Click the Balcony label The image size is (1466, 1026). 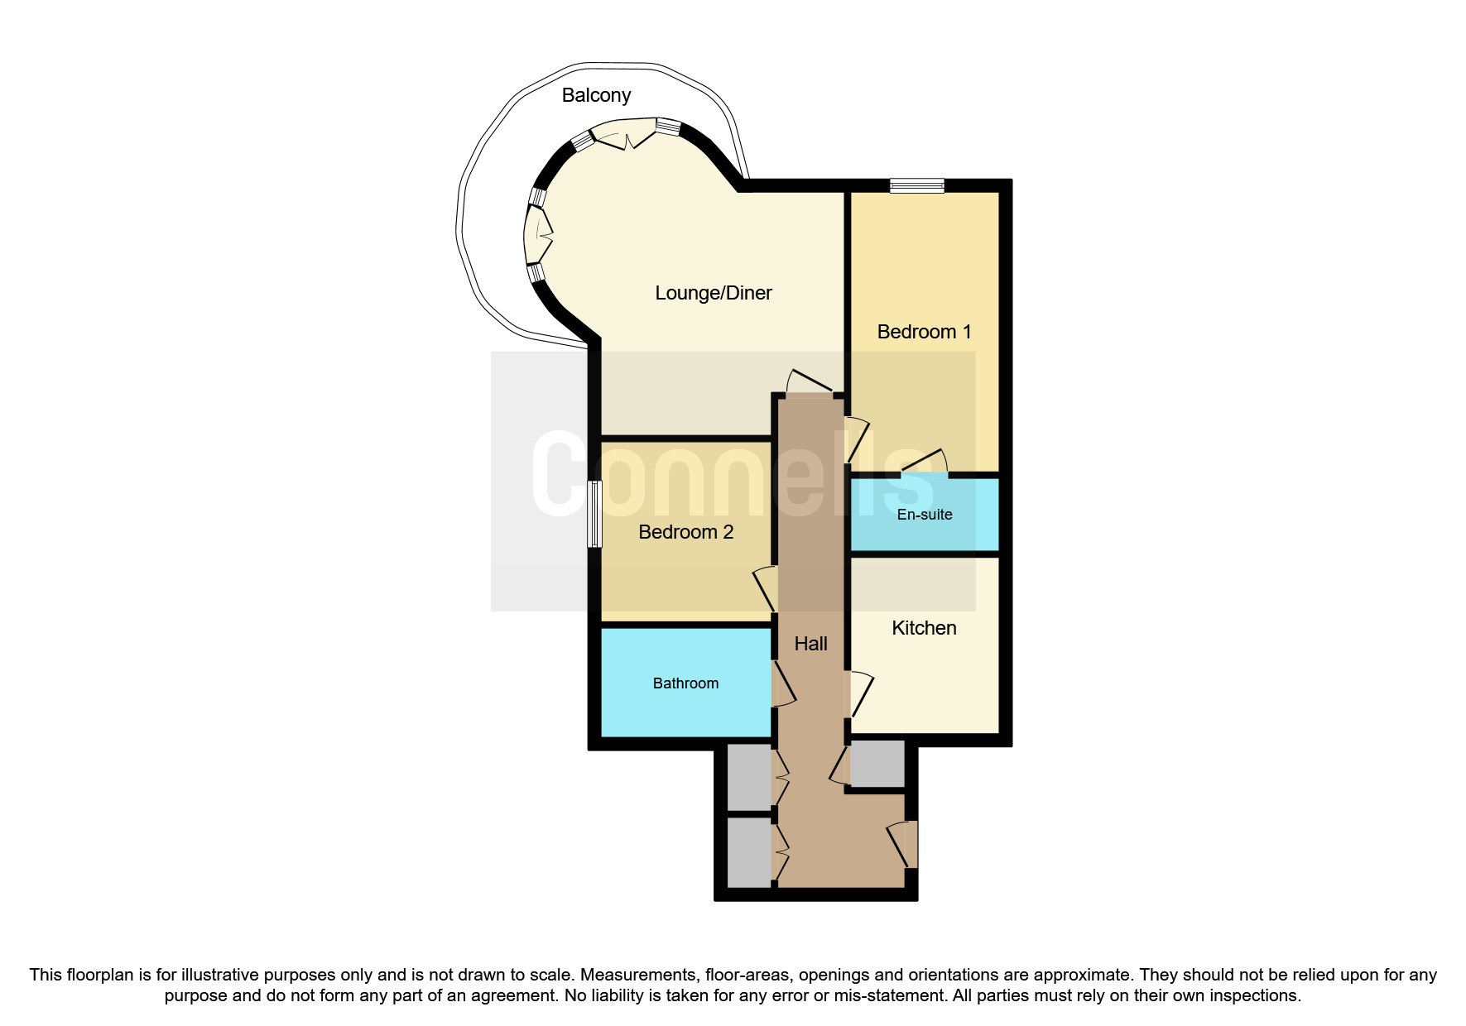point(596,95)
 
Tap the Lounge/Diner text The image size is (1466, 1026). point(713,293)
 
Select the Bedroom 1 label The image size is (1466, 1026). point(924,332)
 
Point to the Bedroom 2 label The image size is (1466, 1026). point(685,532)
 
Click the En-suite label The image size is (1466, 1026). point(924,515)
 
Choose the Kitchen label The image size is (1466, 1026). point(924,628)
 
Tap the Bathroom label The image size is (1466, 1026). point(685,683)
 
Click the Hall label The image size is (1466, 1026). point(810,644)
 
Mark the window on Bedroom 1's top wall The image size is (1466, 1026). point(916,186)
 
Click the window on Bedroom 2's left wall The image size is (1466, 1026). point(594,514)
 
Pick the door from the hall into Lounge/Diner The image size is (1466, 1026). point(810,382)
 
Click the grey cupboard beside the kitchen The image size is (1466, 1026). point(877,764)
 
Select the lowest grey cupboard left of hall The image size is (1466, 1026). point(749,851)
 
